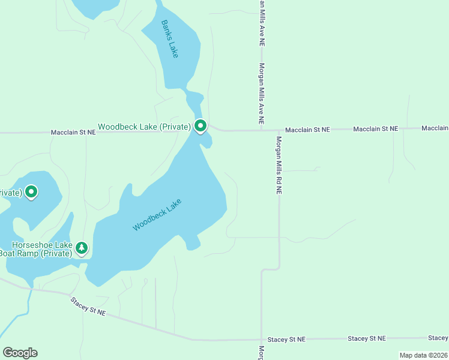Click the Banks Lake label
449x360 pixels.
pyautogui.click(x=170, y=39)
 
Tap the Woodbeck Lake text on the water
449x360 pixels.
pyautogui.click(x=157, y=214)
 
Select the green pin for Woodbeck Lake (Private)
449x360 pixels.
pyautogui.click(x=200, y=126)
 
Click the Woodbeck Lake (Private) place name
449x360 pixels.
pyautogui.click(x=144, y=127)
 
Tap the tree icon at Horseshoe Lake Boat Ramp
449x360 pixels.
pyautogui.click(x=82, y=247)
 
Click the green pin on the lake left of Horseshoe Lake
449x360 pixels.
pyautogui.click(x=31, y=192)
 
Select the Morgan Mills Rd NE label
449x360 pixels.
pyautogui.click(x=279, y=165)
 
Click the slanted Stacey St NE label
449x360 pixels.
pyautogui.click(x=88, y=307)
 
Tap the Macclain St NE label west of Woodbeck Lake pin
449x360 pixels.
pyautogui.click(x=73, y=132)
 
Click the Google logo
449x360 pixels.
pyautogui.click(x=20, y=353)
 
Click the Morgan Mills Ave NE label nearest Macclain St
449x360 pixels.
pyautogui.click(x=262, y=94)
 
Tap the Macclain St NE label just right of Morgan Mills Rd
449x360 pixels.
pyautogui.click(x=307, y=130)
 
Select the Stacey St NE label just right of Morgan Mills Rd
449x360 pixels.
pyautogui.click(x=286, y=340)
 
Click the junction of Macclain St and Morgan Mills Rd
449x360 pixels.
pyautogui.click(x=279, y=130)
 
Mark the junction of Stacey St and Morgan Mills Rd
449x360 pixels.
pyautogui.click(x=261, y=340)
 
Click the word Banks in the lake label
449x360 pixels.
pyautogui.click(x=166, y=30)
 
